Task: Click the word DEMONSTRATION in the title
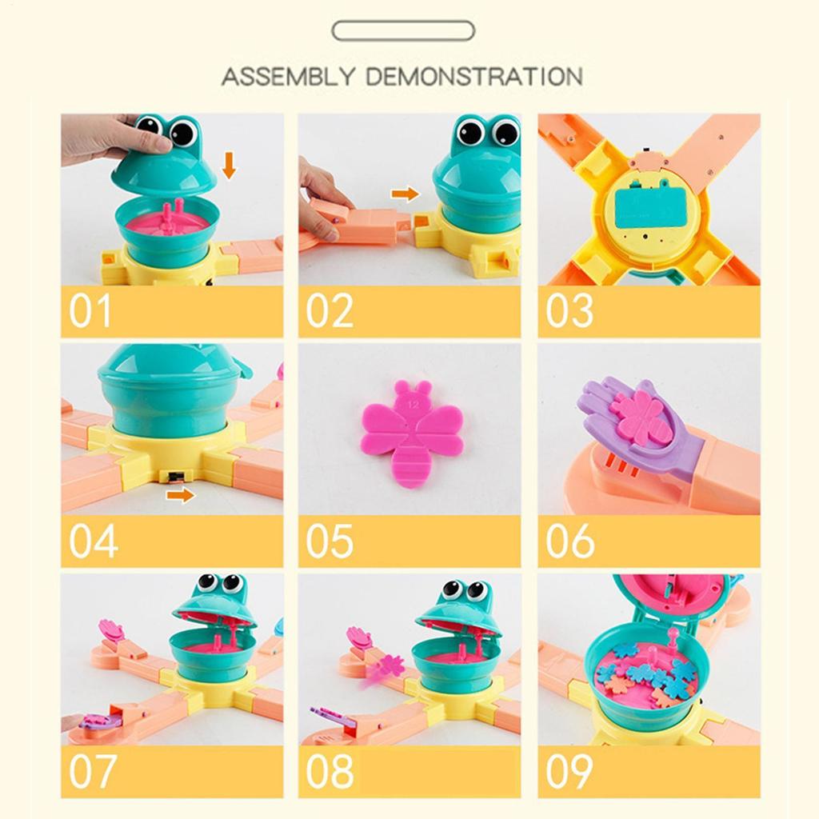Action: (473, 78)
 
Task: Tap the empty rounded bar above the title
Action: (403, 31)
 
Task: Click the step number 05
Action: (329, 541)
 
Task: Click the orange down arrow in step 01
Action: (230, 166)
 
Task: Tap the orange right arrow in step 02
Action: (406, 194)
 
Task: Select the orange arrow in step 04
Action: (181, 495)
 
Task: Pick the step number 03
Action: (569, 312)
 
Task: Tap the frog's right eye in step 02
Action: (505, 131)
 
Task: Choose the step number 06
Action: (569, 541)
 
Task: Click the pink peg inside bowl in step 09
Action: (673, 638)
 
